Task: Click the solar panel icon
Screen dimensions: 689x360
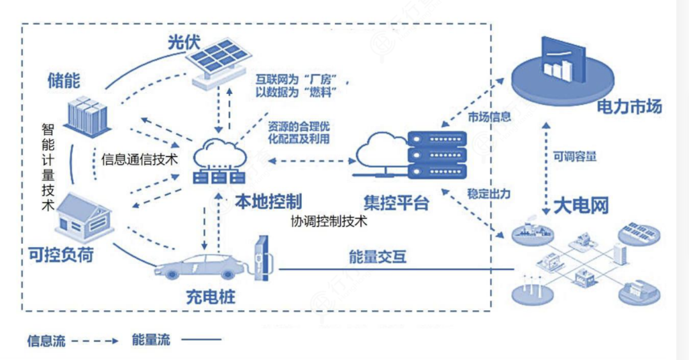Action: pyautogui.click(x=218, y=64)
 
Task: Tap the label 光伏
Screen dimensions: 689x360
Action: pyautogui.click(x=184, y=43)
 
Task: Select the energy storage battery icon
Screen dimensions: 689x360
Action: pyautogui.click(x=87, y=117)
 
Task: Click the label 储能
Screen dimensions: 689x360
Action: pyautogui.click(x=64, y=80)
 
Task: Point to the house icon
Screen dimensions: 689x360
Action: pyautogui.click(x=84, y=218)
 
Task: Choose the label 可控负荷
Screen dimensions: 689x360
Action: pyautogui.click(x=61, y=255)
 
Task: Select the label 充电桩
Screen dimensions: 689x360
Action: pyautogui.click(x=211, y=297)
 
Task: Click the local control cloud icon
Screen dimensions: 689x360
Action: pyautogui.click(x=219, y=161)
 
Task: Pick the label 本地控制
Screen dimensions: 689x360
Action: pyautogui.click(x=268, y=201)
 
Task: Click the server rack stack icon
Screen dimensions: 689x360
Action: pyautogui.click(x=437, y=154)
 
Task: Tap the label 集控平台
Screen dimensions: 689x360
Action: pyautogui.click(x=396, y=203)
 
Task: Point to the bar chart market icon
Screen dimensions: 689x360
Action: pyautogui.click(x=563, y=73)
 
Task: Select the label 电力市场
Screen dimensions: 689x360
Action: pyautogui.click(x=629, y=107)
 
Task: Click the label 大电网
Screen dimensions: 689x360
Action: pyautogui.click(x=581, y=206)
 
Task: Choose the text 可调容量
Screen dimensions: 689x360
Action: pyautogui.click(x=575, y=156)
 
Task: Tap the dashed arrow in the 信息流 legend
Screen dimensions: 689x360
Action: pyautogui.click(x=95, y=341)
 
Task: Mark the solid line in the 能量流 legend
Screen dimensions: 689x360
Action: pyautogui.click(x=201, y=340)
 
